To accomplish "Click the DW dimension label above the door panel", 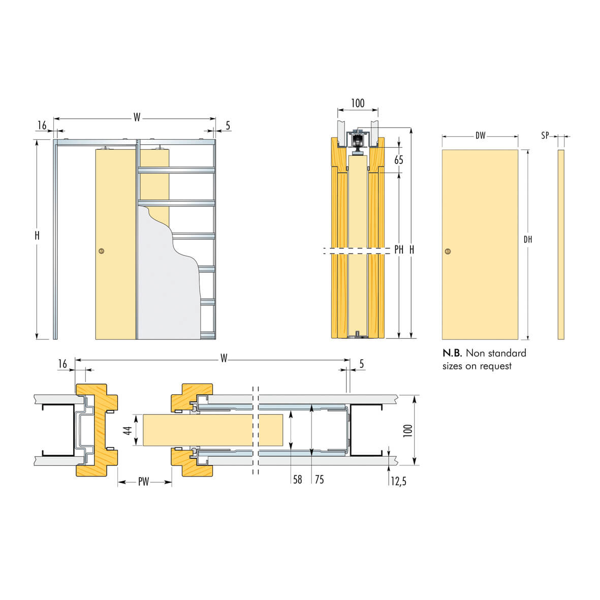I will (480, 136).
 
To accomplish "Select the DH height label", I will (528, 239).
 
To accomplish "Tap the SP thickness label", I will (545, 136).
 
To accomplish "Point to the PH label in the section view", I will (399, 250).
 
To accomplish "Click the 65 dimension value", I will (399, 160).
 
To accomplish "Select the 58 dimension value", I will (298, 480).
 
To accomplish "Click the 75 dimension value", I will (319, 480).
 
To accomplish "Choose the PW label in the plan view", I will (144, 482).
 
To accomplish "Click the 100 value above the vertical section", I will (358, 103).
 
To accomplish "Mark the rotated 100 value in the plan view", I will (407, 431).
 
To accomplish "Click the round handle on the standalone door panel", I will (448, 251).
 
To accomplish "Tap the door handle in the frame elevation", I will (102, 250).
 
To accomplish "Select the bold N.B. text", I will (452, 353).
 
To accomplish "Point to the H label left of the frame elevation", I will (37, 236).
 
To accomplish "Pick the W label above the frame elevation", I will (137, 117).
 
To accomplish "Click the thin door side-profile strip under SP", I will (561, 244).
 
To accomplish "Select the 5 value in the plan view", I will (362, 364).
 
